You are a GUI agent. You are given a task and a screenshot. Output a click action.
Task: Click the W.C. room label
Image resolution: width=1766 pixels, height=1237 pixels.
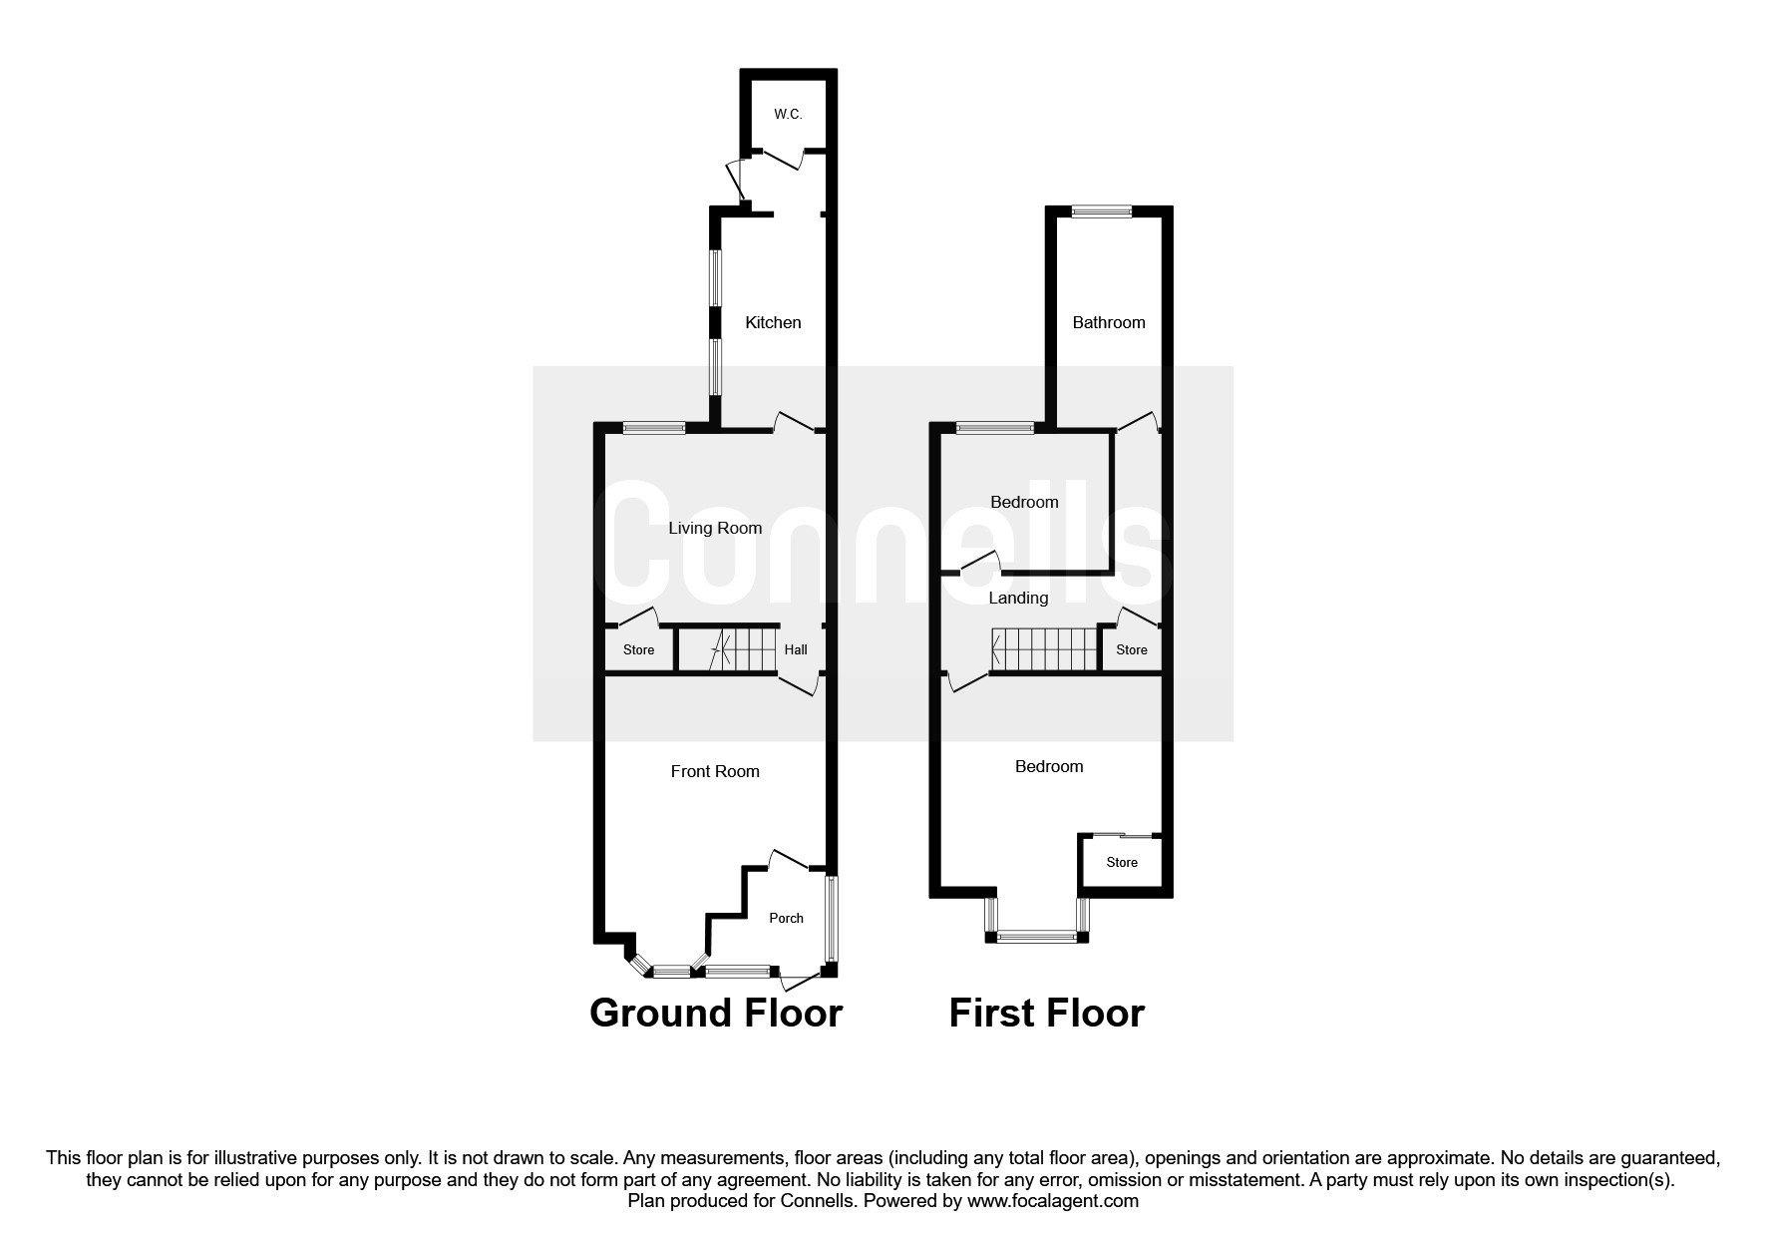point(788,115)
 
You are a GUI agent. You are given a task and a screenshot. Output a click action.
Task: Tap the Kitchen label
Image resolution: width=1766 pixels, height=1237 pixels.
point(773,322)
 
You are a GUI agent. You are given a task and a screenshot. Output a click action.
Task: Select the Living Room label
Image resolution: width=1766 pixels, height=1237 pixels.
point(715,528)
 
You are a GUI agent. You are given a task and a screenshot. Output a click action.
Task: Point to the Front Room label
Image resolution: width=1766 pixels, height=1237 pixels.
point(715,771)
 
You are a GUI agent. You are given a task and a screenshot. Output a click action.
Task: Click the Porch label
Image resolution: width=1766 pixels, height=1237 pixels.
point(786,918)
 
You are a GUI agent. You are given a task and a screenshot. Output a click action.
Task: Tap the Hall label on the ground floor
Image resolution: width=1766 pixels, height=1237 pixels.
point(796,649)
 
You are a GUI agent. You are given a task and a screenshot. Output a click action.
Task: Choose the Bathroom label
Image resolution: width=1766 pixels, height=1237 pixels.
point(1108,322)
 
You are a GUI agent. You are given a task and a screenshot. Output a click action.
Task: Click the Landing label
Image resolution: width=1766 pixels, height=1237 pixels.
point(1018,598)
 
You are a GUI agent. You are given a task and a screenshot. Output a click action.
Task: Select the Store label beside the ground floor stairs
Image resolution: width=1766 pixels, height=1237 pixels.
point(638,649)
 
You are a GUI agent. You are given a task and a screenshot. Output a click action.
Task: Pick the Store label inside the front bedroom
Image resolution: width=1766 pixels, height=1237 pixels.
point(1122,862)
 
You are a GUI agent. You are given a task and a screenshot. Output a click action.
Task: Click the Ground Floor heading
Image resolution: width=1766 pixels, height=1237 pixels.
point(716,1013)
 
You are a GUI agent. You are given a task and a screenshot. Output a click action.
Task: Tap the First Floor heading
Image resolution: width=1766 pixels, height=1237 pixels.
point(1046,1013)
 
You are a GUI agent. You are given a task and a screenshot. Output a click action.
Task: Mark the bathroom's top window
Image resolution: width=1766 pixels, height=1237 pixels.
point(1102,210)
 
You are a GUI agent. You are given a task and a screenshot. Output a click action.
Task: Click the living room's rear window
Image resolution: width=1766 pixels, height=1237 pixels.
point(654,428)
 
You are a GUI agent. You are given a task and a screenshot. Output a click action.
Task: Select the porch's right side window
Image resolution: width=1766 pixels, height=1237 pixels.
point(831,918)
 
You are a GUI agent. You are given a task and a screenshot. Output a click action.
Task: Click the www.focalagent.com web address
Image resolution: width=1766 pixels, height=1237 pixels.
point(1053,1201)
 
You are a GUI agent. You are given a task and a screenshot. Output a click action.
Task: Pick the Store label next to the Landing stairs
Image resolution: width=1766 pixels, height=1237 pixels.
point(1131,649)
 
